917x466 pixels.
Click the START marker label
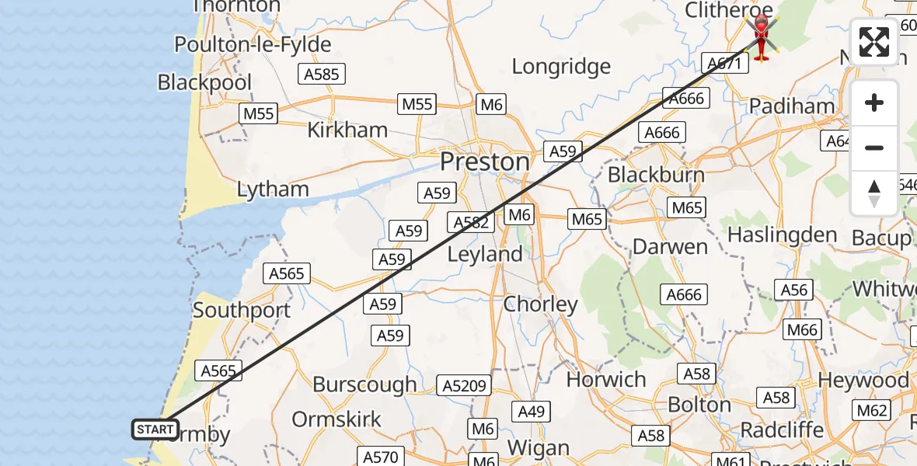(155, 429)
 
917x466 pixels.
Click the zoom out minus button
(874, 148)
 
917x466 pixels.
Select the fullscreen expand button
(874, 42)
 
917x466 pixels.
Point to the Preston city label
(485, 162)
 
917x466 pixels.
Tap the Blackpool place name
(204, 82)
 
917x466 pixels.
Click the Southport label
(241, 310)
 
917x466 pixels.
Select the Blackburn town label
(656, 174)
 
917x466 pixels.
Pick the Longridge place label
(561, 67)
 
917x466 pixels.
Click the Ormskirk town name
(336, 419)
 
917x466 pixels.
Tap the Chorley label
(540, 304)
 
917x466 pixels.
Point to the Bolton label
(699, 405)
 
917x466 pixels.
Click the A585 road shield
(322, 74)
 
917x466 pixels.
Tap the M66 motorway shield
(802, 329)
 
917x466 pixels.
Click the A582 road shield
(471, 223)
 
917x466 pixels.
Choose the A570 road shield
(380, 457)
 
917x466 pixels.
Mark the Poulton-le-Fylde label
(253, 44)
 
